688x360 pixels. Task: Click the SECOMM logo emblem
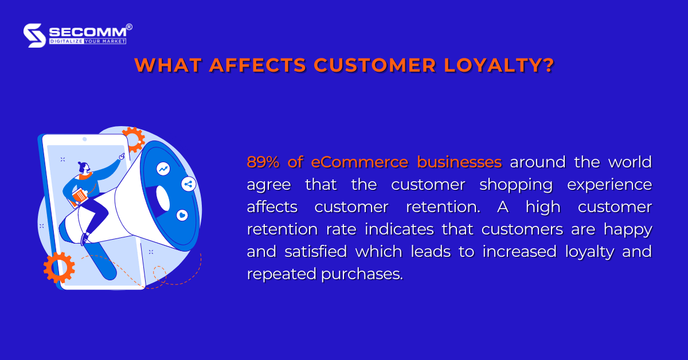tap(34, 35)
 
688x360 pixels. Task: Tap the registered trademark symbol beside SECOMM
tap(129, 27)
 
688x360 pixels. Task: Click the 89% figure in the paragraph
tap(263, 162)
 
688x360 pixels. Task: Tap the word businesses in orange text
tap(459, 162)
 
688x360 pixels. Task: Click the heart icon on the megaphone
tap(182, 215)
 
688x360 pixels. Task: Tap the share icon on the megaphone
tap(188, 184)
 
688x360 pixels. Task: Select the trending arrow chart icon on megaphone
tap(164, 169)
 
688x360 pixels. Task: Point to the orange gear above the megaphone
tap(134, 139)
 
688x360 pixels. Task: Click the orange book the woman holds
tap(80, 196)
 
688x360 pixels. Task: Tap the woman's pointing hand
tap(122, 155)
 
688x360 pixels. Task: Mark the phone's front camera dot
tap(84, 139)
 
